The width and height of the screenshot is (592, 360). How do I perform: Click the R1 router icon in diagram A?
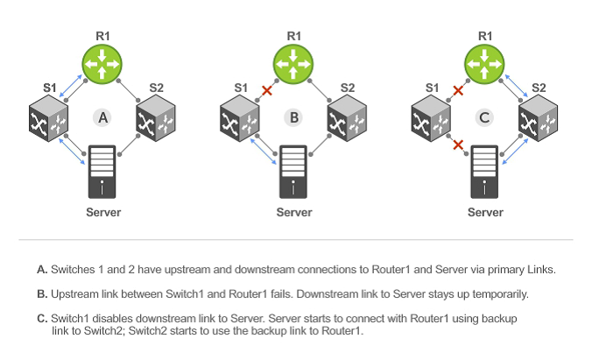point(103,65)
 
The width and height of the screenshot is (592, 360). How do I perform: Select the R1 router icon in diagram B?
point(293,65)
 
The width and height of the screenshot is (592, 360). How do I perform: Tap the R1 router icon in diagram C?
point(484,65)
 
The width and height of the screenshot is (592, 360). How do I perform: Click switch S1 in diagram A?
point(50,118)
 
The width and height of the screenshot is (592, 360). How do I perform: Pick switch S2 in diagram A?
point(156,118)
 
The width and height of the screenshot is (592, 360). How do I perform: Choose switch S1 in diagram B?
point(240,118)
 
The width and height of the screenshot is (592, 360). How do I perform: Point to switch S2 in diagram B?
point(347,118)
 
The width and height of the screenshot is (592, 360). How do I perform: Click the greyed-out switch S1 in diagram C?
point(431,118)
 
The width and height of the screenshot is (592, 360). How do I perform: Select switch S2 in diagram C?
point(538,118)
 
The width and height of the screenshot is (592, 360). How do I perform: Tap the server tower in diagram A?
point(103,173)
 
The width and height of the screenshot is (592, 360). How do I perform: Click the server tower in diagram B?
point(293,173)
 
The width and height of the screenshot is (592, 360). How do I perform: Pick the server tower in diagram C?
point(484,173)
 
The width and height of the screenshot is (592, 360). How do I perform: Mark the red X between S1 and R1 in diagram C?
point(457,90)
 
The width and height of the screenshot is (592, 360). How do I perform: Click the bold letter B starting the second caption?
point(41,293)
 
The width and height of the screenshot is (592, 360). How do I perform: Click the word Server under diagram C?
point(484,213)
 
